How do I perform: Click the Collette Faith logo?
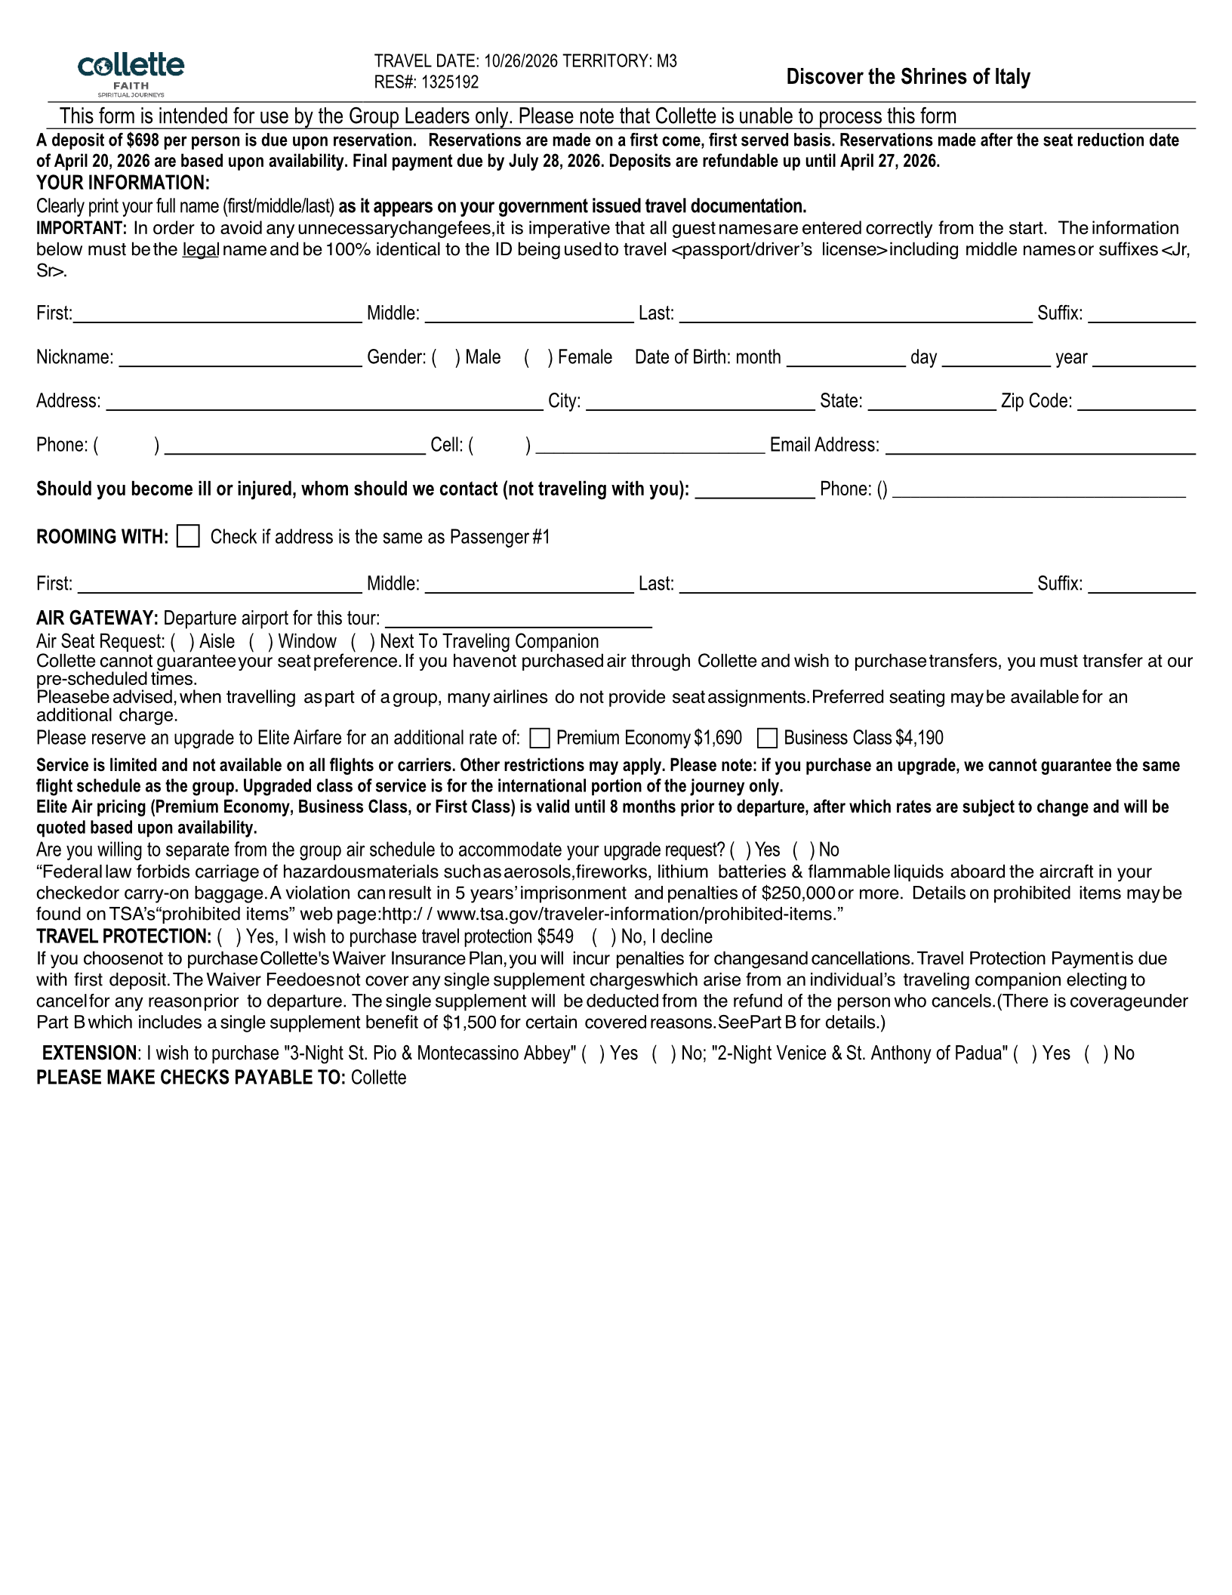(131, 73)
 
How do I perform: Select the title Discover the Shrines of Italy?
(907, 76)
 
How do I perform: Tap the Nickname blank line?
(240, 359)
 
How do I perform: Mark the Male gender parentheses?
(446, 357)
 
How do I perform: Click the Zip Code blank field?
(1136, 403)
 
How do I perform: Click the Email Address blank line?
(1039, 447)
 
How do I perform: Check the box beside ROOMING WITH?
(188, 536)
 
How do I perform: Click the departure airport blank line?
(519, 621)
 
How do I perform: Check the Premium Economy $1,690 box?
(539, 738)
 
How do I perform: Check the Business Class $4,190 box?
(767, 738)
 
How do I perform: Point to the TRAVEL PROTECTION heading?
(124, 936)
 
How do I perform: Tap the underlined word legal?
(200, 250)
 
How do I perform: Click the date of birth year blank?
(1144, 359)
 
